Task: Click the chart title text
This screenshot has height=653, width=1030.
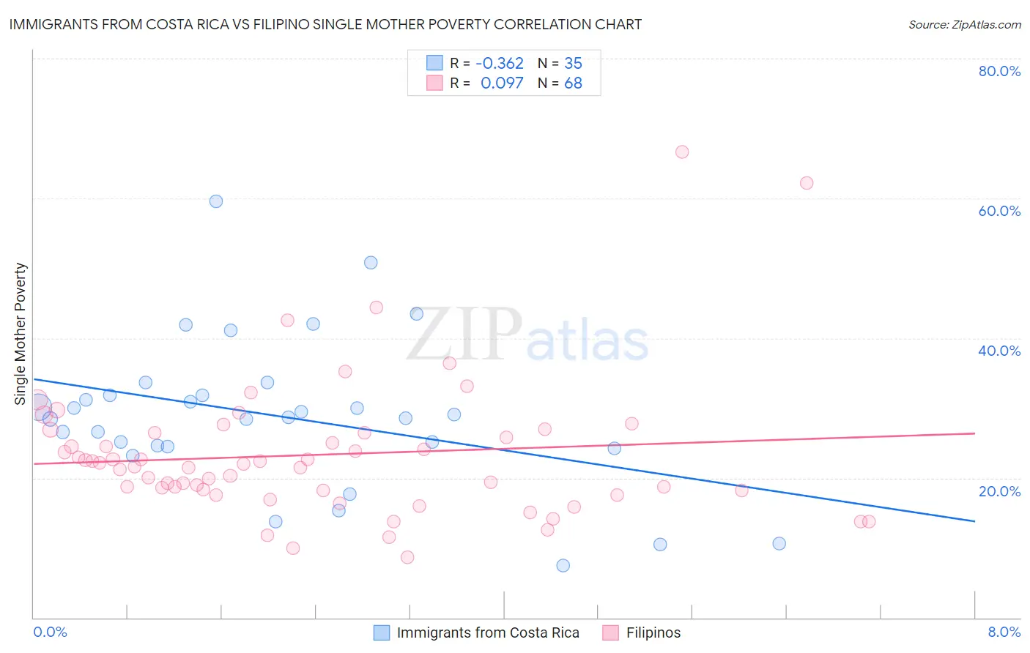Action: point(325,24)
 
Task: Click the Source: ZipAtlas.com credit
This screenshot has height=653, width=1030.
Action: point(964,24)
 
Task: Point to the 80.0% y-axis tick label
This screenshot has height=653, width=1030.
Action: point(999,71)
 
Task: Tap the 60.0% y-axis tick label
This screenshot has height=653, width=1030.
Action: point(999,211)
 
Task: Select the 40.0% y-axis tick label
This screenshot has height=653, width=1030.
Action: point(999,351)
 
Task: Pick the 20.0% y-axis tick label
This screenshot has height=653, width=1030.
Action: point(999,490)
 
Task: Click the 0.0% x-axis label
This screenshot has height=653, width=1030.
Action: point(50,632)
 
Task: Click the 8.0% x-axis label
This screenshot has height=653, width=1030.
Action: point(1004,632)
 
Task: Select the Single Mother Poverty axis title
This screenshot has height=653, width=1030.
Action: point(21,334)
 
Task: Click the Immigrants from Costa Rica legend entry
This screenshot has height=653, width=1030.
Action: point(476,633)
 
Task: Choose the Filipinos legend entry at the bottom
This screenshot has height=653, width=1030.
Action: point(642,633)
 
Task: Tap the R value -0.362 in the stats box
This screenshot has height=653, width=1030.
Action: point(500,63)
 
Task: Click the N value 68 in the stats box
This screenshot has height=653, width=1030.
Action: point(573,83)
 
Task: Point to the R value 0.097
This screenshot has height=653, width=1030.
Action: point(502,83)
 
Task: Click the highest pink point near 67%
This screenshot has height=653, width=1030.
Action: point(682,152)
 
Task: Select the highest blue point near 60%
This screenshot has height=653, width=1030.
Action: point(216,201)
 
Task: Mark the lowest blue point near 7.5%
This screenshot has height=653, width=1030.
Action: point(563,565)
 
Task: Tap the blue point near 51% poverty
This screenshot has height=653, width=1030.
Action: point(371,263)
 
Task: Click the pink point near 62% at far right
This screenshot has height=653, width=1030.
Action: point(807,183)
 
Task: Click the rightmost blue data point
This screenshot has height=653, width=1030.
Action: point(779,543)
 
